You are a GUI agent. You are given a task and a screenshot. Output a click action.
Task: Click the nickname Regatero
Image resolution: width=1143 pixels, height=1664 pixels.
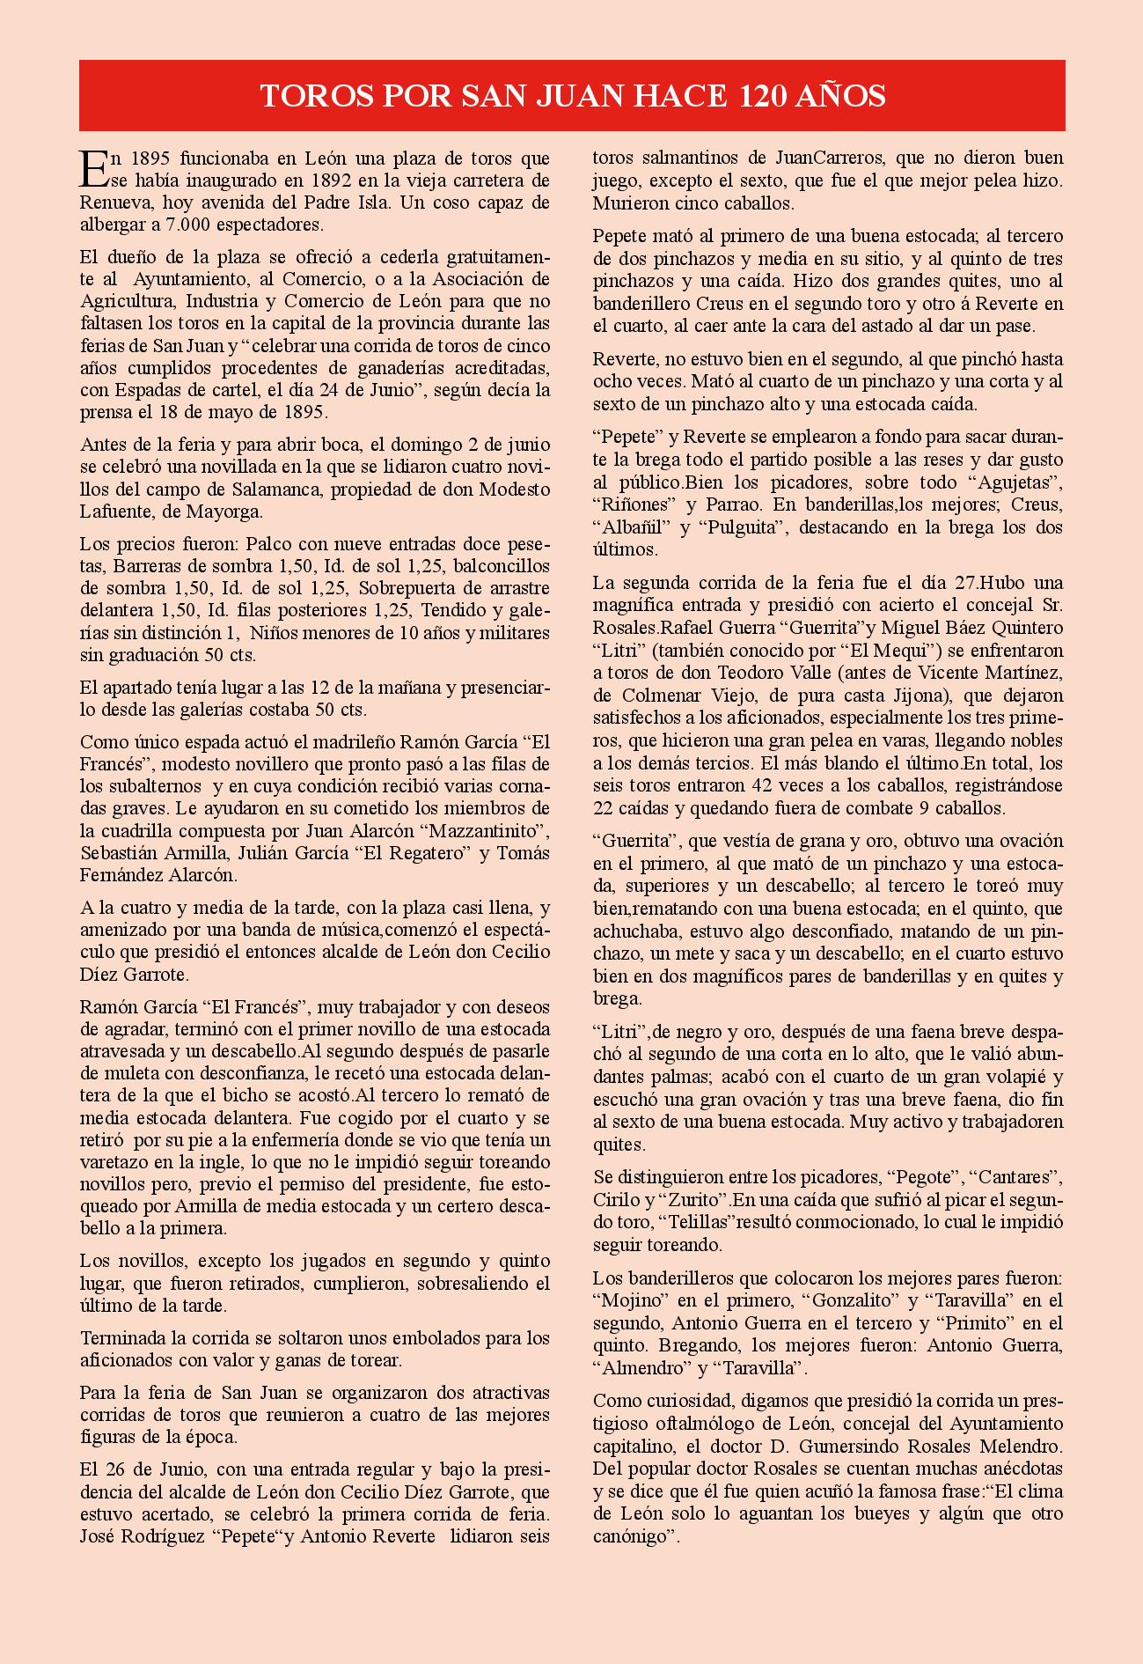429,852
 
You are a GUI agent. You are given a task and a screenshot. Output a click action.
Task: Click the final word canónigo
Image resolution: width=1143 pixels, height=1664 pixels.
634,1536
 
